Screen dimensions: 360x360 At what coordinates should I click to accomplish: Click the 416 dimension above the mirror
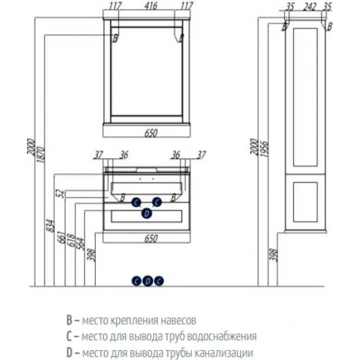click(x=151, y=6)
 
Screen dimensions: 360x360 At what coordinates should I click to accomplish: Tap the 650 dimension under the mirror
click(x=151, y=133)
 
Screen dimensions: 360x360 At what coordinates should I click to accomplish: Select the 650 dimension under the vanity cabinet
click(x=151, y=238)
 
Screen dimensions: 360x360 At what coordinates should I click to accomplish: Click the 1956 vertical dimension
click(x=264, y=149)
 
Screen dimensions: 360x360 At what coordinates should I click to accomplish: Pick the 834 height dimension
click(x=52, y=225)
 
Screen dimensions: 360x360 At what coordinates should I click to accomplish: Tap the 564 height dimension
click(x=81, y=244)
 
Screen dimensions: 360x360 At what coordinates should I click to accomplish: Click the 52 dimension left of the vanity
click(x=60, y=194)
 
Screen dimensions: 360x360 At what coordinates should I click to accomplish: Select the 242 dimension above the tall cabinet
click(x=310, y=7)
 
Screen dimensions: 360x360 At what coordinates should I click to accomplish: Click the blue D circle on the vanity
click(x=146, y=213)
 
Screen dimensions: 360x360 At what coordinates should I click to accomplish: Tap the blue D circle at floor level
click(x=148, y=281)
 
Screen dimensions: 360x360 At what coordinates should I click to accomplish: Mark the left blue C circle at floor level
click(x=136, y=281)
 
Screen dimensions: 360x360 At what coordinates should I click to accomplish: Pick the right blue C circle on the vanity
click(x=157, y=202)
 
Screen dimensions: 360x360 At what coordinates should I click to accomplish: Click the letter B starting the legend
click(x=69, y=320)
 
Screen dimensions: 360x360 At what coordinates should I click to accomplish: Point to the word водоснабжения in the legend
click(x=222, y=336)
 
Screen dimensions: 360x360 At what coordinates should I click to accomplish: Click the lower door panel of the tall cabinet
click(x=306, y=202)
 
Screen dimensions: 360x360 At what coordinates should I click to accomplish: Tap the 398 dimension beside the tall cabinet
click(x=274, y=255)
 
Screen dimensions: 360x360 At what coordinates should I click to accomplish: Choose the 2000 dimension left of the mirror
click(x=31, y=147)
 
